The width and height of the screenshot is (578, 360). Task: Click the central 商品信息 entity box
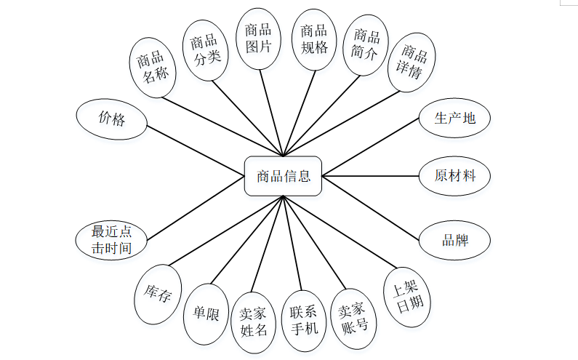(283, 176)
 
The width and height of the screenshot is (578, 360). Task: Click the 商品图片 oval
(258, 39)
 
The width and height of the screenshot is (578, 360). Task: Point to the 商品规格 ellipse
(313, 39)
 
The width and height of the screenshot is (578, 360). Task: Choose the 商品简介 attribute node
(366, 44)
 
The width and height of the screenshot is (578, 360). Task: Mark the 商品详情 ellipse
(412, 63)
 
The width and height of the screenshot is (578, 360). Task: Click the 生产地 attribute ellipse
(454, 118)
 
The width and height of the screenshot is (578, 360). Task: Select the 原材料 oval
(454, 176)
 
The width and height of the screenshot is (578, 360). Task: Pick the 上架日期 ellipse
(409, 296)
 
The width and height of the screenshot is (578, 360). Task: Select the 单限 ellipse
(206, 314)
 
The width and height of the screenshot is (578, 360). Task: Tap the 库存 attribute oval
(157, 295)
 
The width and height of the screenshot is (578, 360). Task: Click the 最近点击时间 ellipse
(112, 241)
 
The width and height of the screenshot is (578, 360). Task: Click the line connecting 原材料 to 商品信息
(370, 176)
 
